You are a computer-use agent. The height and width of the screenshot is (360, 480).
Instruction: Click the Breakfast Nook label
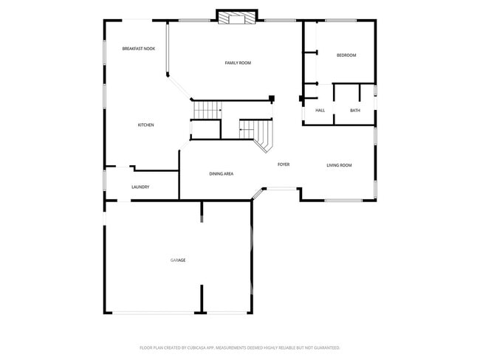point(139,49)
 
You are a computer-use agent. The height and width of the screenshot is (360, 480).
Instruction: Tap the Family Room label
point(238,63)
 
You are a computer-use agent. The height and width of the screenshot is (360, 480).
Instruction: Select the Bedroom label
point(346,55)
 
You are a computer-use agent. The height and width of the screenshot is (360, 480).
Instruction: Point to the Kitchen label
point(145,125)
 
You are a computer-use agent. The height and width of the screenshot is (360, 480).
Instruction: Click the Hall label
point(320,111)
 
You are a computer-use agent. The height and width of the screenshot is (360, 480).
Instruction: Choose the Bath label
point(355,111)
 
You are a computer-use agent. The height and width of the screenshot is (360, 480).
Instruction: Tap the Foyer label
point(283,165)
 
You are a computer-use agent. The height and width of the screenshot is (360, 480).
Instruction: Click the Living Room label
point(339,165)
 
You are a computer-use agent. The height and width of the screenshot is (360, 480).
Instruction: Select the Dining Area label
point(222,174)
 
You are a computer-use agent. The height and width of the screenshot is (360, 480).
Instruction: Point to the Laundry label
point(140,187)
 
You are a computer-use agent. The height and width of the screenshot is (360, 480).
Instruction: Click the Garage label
point(178,260)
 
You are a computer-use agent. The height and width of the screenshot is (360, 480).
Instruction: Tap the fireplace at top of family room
point(237,17)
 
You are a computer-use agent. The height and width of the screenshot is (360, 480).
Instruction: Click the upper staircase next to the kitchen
point(208,110)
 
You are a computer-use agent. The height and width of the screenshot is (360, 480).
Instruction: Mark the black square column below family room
point(272,98)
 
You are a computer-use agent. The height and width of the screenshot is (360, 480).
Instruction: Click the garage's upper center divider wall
point(202,211)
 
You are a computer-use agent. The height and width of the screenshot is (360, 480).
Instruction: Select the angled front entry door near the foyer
point(258,193)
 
